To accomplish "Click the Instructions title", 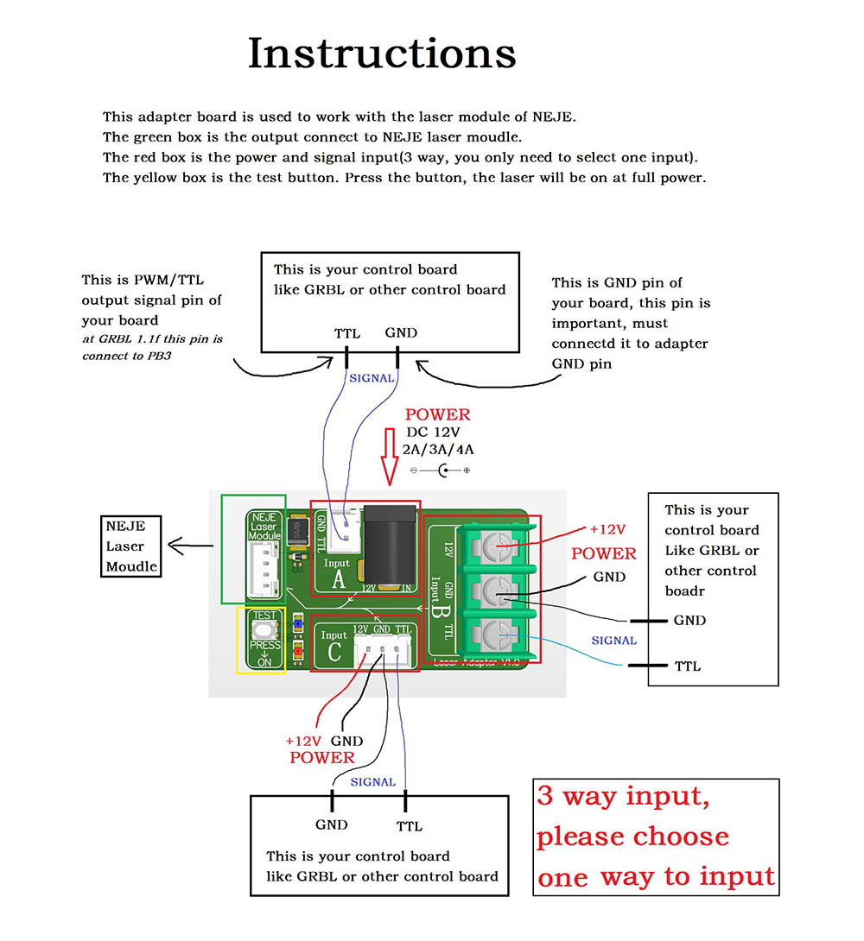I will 382,54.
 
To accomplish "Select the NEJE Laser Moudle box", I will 131,546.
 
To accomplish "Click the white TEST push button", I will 264,628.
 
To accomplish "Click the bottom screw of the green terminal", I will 492,635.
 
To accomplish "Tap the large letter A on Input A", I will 339,579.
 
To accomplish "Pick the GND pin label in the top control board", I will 401,333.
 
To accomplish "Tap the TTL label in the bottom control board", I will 410,826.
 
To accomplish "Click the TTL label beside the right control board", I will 688,666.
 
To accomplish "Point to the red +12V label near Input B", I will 607,529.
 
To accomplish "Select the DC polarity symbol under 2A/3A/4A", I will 441,470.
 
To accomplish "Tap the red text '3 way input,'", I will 623,796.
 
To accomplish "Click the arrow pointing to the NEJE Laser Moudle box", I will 191,545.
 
